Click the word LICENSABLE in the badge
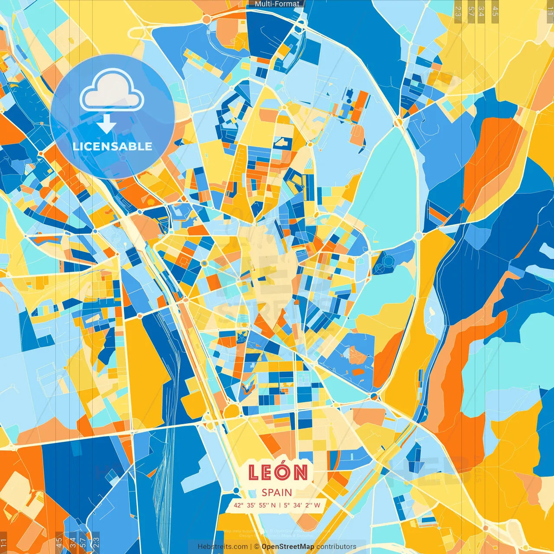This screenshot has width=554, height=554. coord(113,146)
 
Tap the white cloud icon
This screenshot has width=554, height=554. coord(112,92)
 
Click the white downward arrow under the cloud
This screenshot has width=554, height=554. coord(106,124)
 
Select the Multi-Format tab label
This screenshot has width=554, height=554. coord(277,4)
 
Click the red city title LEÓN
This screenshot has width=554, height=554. coord(278,472)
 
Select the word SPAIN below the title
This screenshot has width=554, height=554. coord(277,493)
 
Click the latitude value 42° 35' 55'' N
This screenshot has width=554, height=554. coord(254,505)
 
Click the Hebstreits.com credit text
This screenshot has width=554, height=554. coord(222,547)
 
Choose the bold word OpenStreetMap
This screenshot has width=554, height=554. coord(288,547)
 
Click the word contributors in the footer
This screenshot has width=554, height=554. coord(336,547)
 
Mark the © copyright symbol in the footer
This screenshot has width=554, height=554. coord(256,547)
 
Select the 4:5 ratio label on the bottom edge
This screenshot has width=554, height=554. coord(59,543)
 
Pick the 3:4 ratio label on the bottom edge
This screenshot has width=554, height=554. coord(73,543)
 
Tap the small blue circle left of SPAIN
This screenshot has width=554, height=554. coord(236,490)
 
